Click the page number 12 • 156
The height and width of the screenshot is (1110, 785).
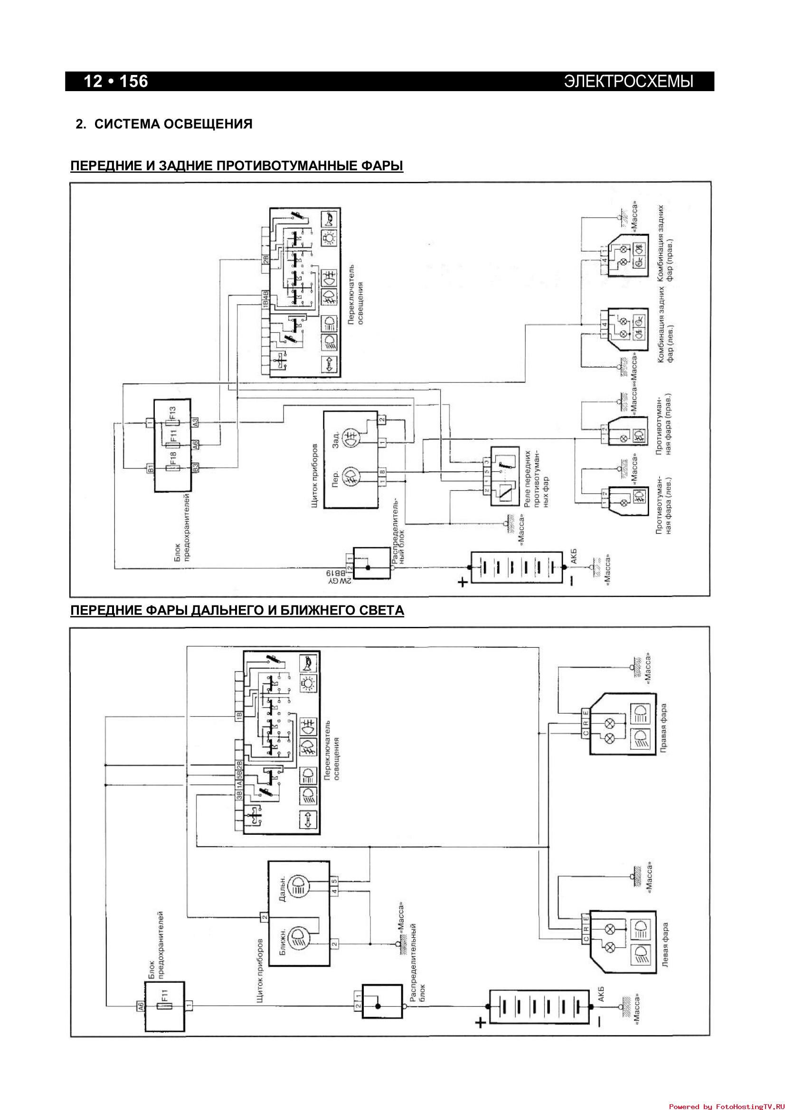(116, 81)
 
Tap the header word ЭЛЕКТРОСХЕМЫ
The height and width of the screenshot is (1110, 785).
(628, 81)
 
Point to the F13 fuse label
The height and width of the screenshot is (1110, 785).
(173, 412)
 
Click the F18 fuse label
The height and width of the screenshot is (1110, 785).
(173, 457)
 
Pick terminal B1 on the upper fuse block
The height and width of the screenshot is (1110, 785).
(151, 468)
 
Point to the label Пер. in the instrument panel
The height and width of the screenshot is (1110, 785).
(336, 481)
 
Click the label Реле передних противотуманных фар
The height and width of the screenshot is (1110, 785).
(534, 476)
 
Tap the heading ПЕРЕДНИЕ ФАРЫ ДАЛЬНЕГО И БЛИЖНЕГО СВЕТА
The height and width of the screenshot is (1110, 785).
(237, 611)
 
